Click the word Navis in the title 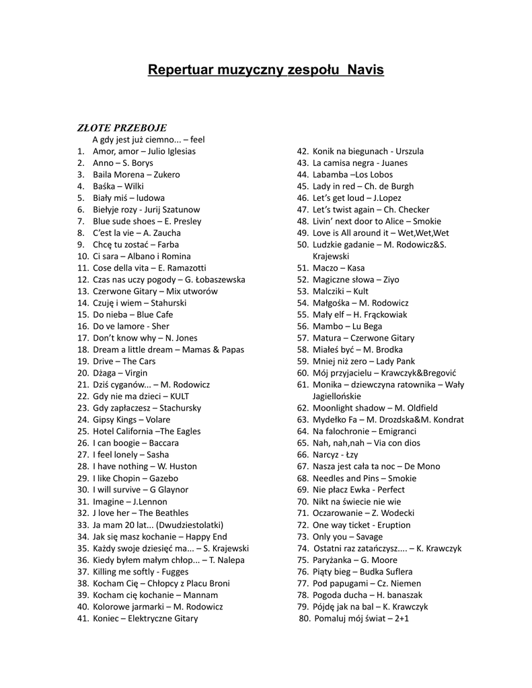click(x=365, y=70)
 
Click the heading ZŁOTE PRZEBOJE click(x=122, y=128)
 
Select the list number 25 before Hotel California click(x=83, y=431)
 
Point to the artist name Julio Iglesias click(x=172, y=151)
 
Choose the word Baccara click(x=164, y=443)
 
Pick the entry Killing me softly click(x=131, y=572)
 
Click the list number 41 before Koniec click(x=83, y=619)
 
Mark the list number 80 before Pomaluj click(x=304, y=619)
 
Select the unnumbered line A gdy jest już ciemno click(x=148, y=140)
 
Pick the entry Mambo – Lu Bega click(x=347, y=327)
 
